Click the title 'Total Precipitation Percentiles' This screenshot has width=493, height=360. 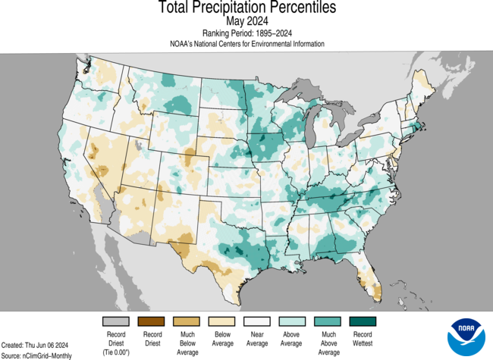click(x=246, y=8)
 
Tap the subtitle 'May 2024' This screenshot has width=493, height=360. click(x=246, y=21)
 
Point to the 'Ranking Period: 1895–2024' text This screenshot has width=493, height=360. click(x=246, y=33)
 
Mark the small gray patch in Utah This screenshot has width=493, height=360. click(x=138, y=143)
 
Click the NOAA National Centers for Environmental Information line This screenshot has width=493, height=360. click(x=246, y=44)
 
